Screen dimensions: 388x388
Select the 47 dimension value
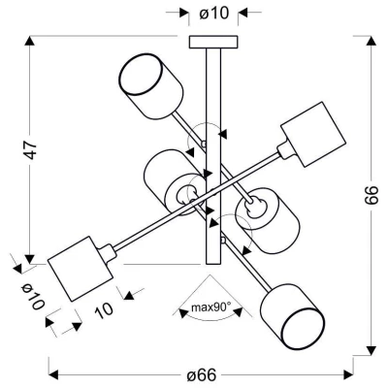click(33, 151)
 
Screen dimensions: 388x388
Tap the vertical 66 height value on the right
click(372, 196)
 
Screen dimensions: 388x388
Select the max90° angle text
click(209, 307)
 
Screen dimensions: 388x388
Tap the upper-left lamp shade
click(150, 81)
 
